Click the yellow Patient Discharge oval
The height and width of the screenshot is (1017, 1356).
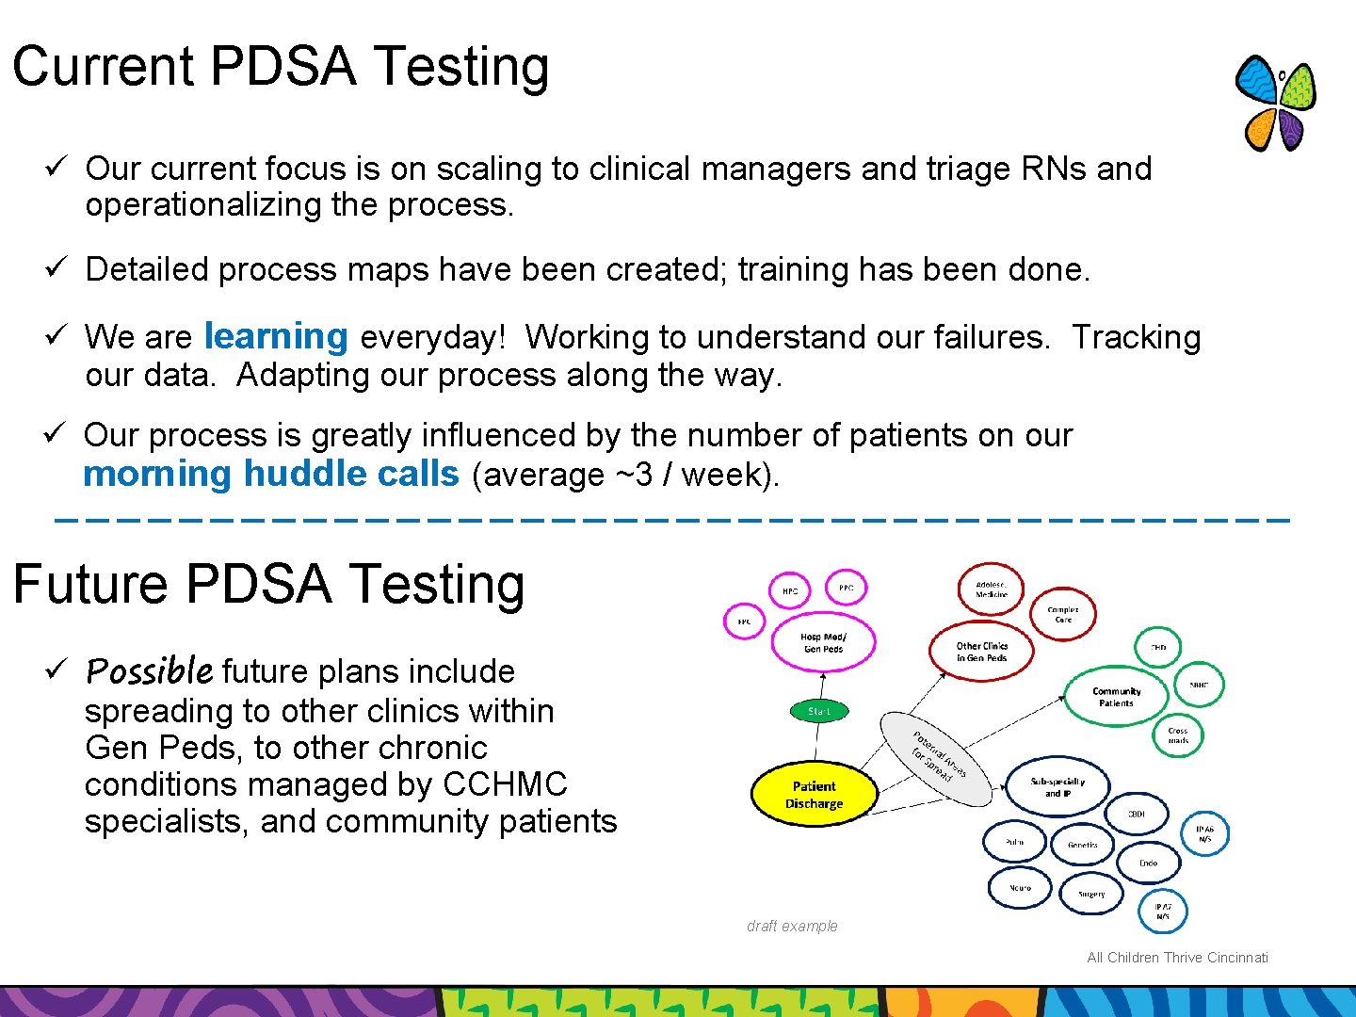click(x=815, y=794)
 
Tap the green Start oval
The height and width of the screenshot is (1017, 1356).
click(x=818, y=711)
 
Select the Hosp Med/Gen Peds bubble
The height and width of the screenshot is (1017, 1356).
click(x=824, y=643)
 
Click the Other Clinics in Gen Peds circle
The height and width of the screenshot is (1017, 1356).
click(x=981, y=651)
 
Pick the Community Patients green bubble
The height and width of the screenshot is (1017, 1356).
click(x=1116, y=697)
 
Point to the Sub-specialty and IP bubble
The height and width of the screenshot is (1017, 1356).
click(x=1057, y=787)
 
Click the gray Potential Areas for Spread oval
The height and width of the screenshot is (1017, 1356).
click(x=937, y=759)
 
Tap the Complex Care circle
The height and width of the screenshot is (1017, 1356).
click(x=1063, y=614)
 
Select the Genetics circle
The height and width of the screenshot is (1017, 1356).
click(x=1082, y=845)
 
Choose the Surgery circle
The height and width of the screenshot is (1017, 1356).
click(x=1091, y=894)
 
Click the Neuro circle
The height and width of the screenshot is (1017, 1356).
click(x=1019, y=887)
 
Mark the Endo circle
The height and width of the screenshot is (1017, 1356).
click(x=1148, y=862)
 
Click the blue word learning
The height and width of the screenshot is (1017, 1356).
click(x=276, y=336)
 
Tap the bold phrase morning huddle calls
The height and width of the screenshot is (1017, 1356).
click(x=271, y=474)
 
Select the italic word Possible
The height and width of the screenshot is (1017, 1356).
click(x=149, y=670)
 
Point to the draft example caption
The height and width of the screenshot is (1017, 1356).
click(x=791, y=926)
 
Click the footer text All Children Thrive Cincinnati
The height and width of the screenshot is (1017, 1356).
click(x=1177, y=958)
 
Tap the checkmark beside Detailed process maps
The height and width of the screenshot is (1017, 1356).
click(x=54, y=267)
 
